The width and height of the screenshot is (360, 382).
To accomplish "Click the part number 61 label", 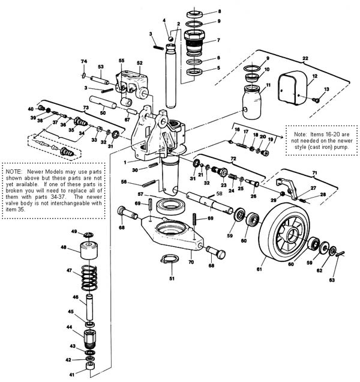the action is pos(259,269).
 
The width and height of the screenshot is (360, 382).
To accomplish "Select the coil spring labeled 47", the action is pos(89,277).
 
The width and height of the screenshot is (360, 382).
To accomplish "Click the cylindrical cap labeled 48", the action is pos(89,250).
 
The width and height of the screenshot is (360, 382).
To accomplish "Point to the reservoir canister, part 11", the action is pos(252,102).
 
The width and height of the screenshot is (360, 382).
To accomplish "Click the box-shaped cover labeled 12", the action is pos(292,88).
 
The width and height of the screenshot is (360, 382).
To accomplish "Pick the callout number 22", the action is pos(305,58).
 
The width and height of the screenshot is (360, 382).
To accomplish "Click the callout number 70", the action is pos(191,262).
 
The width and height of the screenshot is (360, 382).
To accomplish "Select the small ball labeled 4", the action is pos(171,38).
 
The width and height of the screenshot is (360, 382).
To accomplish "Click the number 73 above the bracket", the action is pos(86,108).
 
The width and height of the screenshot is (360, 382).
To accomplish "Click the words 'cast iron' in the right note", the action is pos(320,147).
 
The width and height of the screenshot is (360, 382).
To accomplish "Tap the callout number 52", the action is pos(139,63).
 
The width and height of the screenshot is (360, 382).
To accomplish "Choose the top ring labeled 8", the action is pos(195,14).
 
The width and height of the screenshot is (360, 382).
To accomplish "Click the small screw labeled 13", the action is pos(316,99).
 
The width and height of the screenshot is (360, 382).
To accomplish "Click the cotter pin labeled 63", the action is pos(340,253).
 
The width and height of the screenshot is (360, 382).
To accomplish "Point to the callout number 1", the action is pos(125,162).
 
